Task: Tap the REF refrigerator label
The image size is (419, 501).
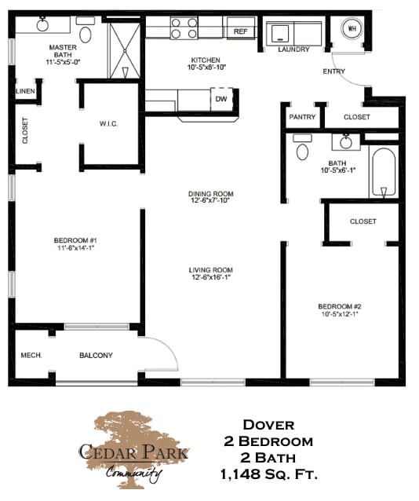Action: tap(239, 32)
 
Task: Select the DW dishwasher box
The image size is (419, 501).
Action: tap(222, 100)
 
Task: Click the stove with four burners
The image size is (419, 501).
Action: tap(184, 28)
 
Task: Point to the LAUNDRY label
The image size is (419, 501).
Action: tap(294, 49)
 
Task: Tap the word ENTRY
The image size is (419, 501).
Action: tap(334, 71)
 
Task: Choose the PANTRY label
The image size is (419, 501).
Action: tap(302, 117)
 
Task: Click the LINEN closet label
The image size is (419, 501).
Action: tap(24, 92)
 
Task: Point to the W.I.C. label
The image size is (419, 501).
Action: tap(108, 123)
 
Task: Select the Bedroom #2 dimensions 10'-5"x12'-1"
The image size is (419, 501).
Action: tap(338, 314)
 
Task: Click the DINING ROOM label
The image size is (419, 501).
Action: tap(210, 194)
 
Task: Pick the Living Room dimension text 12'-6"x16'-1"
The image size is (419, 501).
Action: tap(209, 276)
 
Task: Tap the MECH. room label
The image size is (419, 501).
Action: tap(31, 355)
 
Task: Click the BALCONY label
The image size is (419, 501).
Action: tap(96, 355)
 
